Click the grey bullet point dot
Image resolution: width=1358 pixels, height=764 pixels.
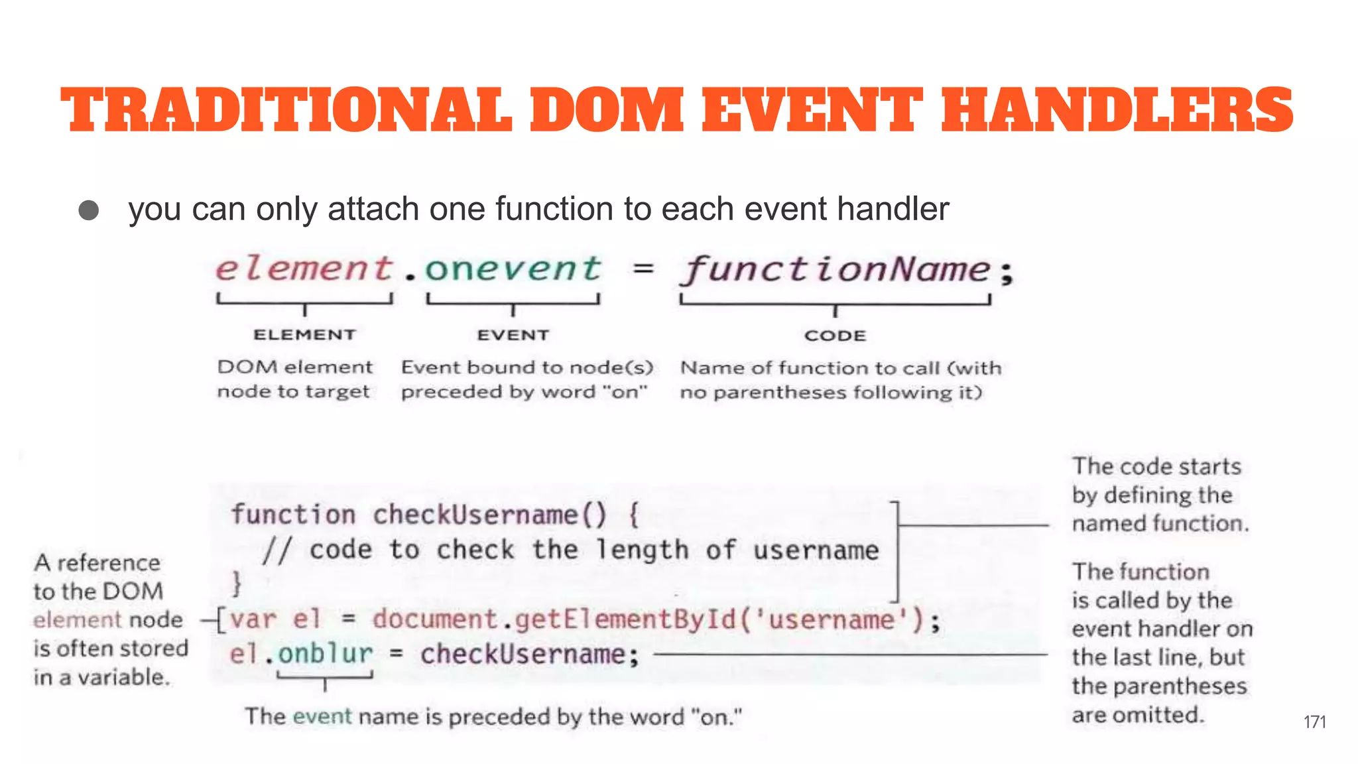point(89,210)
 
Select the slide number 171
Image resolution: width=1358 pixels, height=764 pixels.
point(1314,722)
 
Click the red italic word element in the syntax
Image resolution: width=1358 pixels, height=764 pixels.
point(304,269)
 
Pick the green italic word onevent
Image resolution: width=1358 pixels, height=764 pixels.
point(513,269)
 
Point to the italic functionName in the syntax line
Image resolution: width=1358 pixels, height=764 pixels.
point(836,271)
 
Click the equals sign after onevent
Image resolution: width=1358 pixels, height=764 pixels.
point(643,269)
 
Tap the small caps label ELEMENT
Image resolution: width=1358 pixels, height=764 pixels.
point(304,335)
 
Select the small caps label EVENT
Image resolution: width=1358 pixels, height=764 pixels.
point(513,335)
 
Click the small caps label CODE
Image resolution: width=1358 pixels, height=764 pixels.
point(835,336)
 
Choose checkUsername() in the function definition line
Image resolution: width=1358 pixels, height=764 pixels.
point(489,515)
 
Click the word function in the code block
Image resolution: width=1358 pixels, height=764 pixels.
point(293,515)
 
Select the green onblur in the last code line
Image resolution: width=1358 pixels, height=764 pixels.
point(325,655)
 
